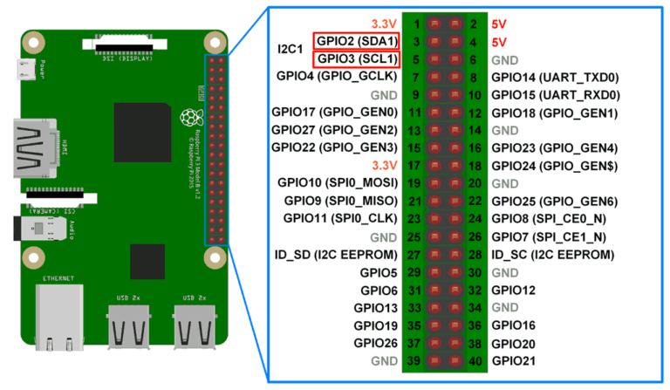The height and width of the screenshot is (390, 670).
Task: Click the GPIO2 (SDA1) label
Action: [x=357, y=41]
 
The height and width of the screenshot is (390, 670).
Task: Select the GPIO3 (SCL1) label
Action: [x=357, y=59]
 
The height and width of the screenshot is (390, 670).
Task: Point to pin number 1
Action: [x=416, y=24]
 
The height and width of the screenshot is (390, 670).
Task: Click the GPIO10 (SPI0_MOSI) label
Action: [x=338, y=183]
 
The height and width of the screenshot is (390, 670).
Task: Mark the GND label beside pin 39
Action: [x=384, y=361]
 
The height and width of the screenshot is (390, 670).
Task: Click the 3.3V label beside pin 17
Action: [x=384, y=165]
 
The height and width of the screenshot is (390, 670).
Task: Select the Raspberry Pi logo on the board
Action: [x=189, y=119]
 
